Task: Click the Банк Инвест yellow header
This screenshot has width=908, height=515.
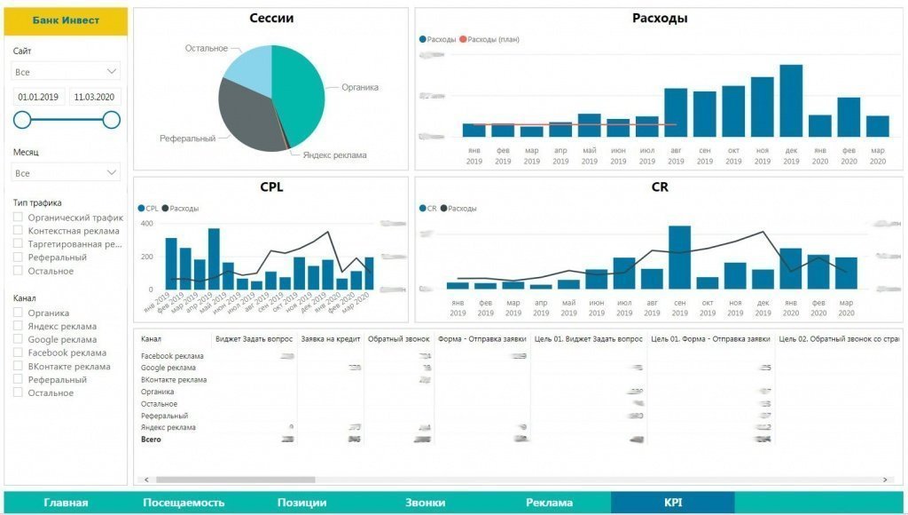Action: (66, 20)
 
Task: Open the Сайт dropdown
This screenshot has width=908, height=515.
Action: (67, 71)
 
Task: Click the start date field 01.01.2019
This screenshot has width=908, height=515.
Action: (38, 97)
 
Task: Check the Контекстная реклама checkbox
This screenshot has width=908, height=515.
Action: (19, 231)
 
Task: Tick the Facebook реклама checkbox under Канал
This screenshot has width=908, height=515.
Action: (19, 353)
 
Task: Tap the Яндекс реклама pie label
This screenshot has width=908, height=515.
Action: (334, 155)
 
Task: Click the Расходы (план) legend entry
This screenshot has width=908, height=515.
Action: (492, 39)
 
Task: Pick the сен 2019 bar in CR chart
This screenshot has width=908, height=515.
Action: (679, 257)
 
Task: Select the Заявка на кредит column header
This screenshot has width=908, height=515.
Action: (330, 338)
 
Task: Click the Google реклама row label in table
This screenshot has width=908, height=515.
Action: (168, 368)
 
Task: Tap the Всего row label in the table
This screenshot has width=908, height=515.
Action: (151, 440)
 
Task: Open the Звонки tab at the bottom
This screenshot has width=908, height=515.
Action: (425, 503)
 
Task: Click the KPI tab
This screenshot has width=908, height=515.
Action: (672, 503)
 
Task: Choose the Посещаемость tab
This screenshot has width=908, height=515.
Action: (184, 503)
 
